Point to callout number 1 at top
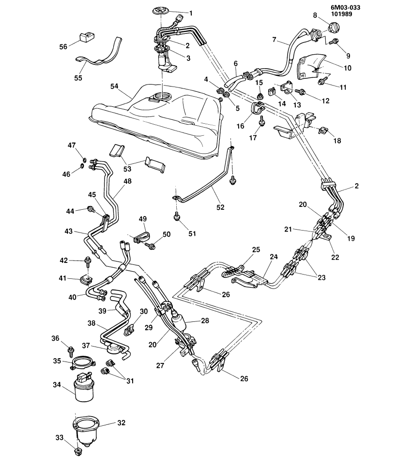click(190, 13)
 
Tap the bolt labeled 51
click(177, 217)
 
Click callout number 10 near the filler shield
click(348, 68)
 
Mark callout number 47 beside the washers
click(72, 145)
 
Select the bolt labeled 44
click(91, 209)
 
